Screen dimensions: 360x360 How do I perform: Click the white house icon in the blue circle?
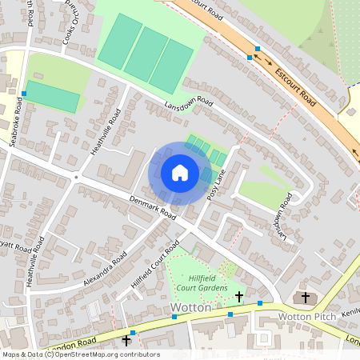pyautogui.click(x=180, y=173)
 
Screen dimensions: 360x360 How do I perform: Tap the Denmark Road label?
pyautogui.click(x=152, y=206)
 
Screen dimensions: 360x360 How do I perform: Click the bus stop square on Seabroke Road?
pyautogui.click(x=24, y=94)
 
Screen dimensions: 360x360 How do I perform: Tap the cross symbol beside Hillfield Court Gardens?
pyautogui.click(x=239, y=297)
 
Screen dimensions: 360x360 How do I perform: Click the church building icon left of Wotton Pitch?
pyautogui.click(x=303, y=298)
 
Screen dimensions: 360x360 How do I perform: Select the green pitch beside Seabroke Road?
pyautogui.click(x=53, y=96)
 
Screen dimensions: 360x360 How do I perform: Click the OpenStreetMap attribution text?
pyautogui.click(x=80, y=354)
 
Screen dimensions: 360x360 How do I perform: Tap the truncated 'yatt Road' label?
pyautogui.click(x=16, y=242)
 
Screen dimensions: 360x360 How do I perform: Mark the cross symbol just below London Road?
pyautogui.click(x=126, y=341)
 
